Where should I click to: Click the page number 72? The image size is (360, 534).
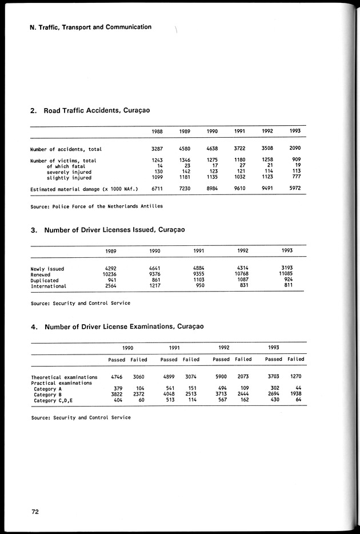[35, 512]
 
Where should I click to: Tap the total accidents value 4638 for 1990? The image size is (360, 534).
[212, 149]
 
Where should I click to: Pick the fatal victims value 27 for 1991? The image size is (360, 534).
[241, 166]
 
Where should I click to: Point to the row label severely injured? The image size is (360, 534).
[69, 172]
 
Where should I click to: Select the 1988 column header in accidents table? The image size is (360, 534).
[157, 131]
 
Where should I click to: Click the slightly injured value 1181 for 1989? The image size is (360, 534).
[184, 178]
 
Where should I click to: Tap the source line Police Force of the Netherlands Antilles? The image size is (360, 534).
[97, 206]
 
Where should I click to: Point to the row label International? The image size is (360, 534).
[49, 286]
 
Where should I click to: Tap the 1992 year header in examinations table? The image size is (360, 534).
[225, 347]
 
